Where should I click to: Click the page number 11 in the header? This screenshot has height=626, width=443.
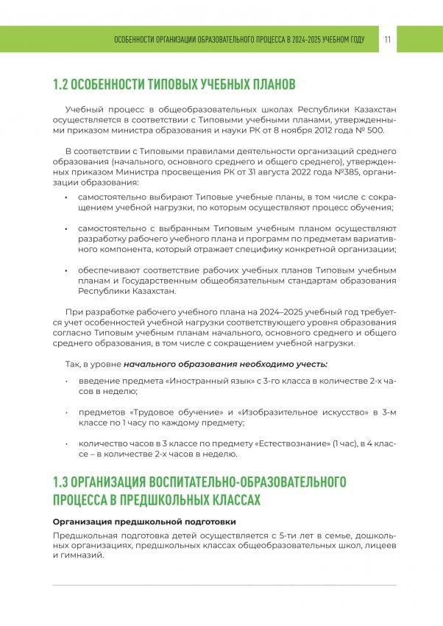tap(387, 39)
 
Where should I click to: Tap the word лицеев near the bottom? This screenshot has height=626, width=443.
tap(379, 544)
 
